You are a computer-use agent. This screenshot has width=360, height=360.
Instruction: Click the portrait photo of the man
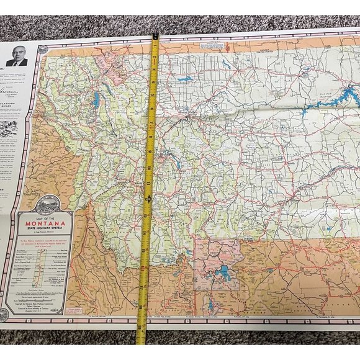17,54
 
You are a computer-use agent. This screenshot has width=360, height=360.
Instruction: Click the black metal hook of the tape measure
155,37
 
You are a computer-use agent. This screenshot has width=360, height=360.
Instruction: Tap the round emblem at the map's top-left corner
42,49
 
